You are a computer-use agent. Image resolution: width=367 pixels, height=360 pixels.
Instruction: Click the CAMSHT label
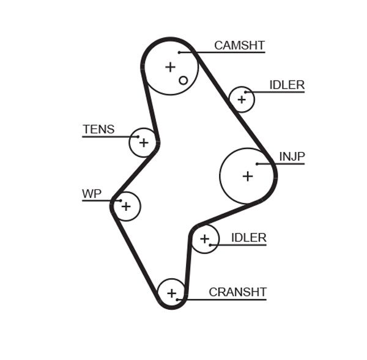239,45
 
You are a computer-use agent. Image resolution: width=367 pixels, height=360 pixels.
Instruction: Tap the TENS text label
98,129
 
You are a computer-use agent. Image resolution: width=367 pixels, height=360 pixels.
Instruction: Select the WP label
91,194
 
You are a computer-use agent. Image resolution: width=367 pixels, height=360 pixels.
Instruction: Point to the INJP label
292,156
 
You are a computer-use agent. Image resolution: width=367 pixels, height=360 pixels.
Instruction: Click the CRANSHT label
237,292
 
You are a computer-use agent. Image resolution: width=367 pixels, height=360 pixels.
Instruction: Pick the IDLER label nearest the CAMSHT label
286,85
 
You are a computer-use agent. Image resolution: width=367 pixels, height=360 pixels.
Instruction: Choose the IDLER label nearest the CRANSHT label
248,238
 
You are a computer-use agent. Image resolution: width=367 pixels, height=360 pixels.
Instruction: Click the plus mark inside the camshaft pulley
170,67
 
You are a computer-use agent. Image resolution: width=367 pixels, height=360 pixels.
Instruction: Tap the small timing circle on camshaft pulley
183,80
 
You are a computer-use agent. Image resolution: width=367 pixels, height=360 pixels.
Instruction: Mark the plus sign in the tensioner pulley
143,142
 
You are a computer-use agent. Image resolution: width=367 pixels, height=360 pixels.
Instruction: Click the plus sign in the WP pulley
125,207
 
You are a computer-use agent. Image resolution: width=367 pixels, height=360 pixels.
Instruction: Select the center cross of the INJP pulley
247,176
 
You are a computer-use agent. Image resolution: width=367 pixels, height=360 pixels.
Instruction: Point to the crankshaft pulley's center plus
172,293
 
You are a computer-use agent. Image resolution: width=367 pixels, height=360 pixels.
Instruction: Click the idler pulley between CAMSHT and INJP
242,99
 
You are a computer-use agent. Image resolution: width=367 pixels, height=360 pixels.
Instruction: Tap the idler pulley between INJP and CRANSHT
205,238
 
